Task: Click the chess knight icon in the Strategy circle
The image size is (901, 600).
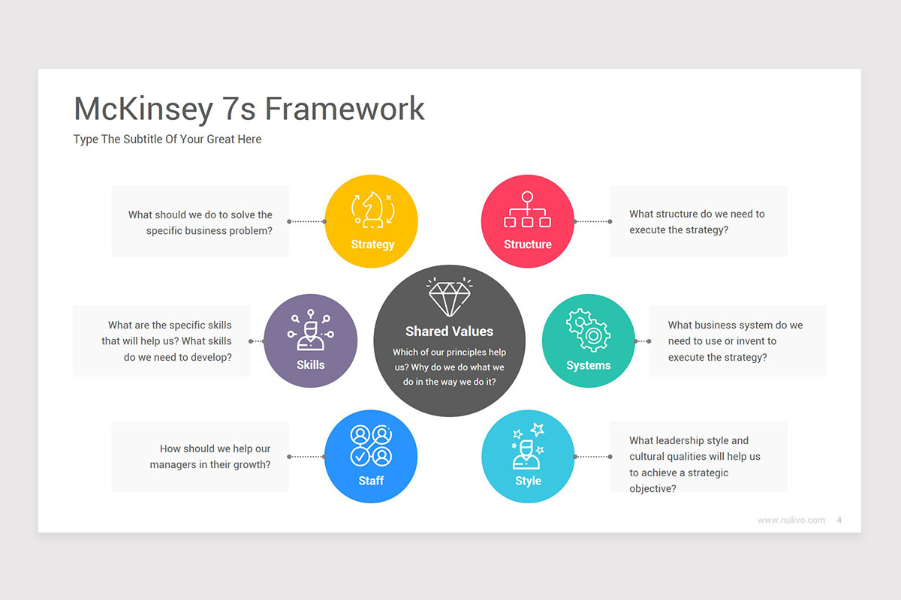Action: [372, 210]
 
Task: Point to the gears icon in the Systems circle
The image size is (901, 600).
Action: [588, 331]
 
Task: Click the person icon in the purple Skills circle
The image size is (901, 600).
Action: [310, 331]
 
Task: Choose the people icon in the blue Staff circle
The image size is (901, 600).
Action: [371, 445]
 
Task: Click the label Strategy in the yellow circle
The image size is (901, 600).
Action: [372, 244]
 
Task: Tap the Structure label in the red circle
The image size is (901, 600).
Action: [527, 244]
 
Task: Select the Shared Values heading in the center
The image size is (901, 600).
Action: [449, 331]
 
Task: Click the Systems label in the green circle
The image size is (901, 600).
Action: [588, 366]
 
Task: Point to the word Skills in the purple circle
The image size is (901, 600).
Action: [310, 365]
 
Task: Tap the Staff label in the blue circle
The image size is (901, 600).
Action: [371, 481]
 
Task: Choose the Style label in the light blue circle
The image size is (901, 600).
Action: [528, 481]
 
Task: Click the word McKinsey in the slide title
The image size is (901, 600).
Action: [143, 109]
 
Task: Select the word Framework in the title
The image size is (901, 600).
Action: [345, 109]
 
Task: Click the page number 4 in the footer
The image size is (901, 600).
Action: [839, 520]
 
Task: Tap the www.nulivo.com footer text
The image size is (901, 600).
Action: [791, 520]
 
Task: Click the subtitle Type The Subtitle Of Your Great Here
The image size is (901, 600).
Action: [167, 139]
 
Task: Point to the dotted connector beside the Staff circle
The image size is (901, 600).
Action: [306, 457]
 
